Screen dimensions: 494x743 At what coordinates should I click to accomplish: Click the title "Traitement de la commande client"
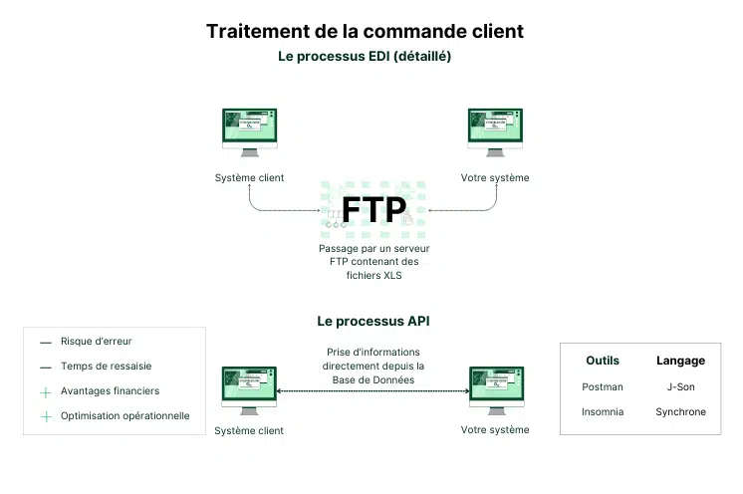(365, 31)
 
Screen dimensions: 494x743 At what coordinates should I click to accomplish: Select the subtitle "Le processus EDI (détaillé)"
(365, 57)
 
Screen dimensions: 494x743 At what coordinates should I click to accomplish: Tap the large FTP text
(373, 209)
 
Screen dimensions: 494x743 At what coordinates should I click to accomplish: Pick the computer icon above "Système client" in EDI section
(249, 132)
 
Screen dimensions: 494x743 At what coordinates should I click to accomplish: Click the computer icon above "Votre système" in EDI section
(495, 132)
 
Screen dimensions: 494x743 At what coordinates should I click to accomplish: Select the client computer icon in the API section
(249, 389)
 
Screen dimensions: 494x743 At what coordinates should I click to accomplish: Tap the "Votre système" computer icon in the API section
(495, 389)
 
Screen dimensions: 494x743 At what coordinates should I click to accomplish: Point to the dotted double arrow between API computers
(372, 392)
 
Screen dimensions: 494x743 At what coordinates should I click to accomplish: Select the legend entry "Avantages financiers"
(109, 391)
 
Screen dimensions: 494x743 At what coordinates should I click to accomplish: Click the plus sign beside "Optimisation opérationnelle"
(45, 417)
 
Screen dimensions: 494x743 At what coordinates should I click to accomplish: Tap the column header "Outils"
(603, 361)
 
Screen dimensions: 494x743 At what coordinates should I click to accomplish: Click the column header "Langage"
(680, 361)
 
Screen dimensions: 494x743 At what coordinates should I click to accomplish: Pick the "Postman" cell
(603, 386)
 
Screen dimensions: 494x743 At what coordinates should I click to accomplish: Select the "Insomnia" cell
(603, 411)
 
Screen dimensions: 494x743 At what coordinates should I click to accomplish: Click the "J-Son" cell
(680, 386)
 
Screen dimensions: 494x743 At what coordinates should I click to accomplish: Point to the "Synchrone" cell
(680, 411)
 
